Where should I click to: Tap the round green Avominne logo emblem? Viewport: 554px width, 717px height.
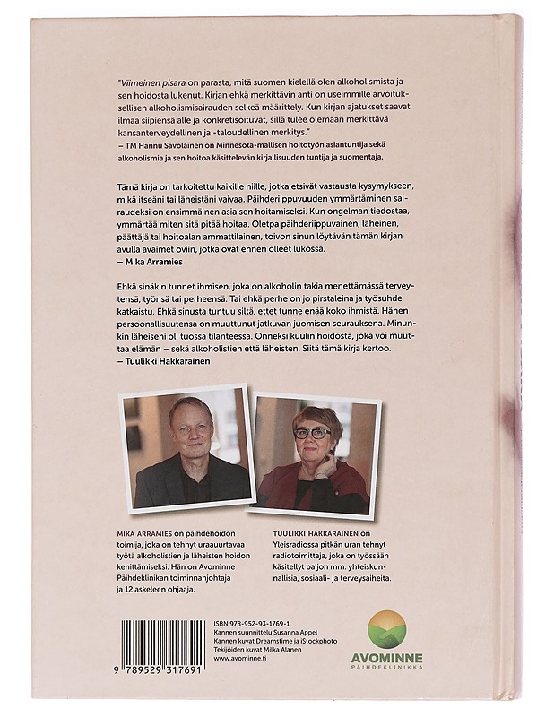[x=386, y=630]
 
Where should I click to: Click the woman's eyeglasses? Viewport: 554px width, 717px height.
[x=313, y=433]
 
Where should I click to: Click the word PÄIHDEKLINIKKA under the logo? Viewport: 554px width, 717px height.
[x=386, y=668]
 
